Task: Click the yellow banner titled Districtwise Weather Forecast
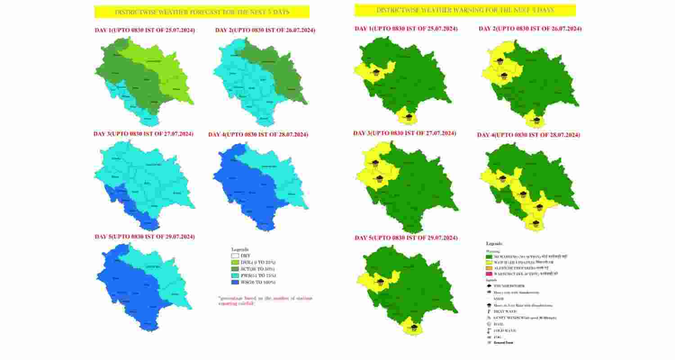click(x=202, y=12)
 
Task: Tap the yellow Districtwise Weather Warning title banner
click(x=465, y=10)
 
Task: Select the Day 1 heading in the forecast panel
click(x=144, y=30)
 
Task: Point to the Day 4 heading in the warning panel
click(x=528, y=135)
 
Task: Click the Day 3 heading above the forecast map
click(x=144, y=134)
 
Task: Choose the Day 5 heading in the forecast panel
click(x=144, y=237)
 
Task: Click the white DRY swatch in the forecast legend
click(x=235, y=256)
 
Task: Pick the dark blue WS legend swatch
click(x=235, y=282)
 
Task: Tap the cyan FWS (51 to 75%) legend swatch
click(x=235, y=275)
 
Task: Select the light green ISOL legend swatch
click(x=235, y=262)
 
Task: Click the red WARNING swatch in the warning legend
click(x=489, y=273)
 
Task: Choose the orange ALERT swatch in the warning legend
click(x=489, y=268)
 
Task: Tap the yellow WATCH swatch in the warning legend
click(x=489, y=262)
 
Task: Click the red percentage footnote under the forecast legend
click(x=265, y=301)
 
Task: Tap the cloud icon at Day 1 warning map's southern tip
click(x=409, y=117)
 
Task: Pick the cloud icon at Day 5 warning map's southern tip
click(x=414, y=327)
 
